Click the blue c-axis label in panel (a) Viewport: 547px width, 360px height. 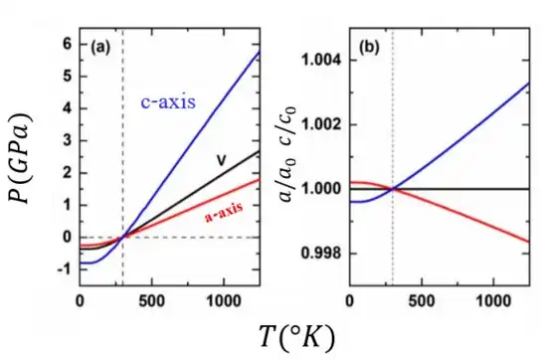point(168,102)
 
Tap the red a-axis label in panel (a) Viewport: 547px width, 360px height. point(224,212)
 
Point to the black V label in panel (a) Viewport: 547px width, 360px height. point(221,160)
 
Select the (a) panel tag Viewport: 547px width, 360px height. point(100,47)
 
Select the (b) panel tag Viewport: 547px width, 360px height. point(369,47)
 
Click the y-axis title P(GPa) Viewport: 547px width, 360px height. point(20,158)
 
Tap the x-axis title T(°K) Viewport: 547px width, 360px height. point(297,336)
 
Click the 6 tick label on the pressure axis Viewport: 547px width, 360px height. point(68,45)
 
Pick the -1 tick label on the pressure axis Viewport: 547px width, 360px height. point(65,270)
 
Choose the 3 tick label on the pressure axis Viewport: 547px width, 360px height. point(68,141)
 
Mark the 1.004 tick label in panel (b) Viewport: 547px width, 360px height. point(320,61)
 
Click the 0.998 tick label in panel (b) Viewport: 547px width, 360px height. point(320,254)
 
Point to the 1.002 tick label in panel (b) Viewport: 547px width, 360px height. point(320,124)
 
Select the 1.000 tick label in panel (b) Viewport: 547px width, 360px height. point(320,189)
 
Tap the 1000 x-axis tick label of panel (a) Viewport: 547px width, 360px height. point(223,300)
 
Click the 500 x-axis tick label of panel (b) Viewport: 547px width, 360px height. point(422,300)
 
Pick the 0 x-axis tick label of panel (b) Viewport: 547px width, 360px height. point(350,300)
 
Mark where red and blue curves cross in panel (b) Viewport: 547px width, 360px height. point(393,189)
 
